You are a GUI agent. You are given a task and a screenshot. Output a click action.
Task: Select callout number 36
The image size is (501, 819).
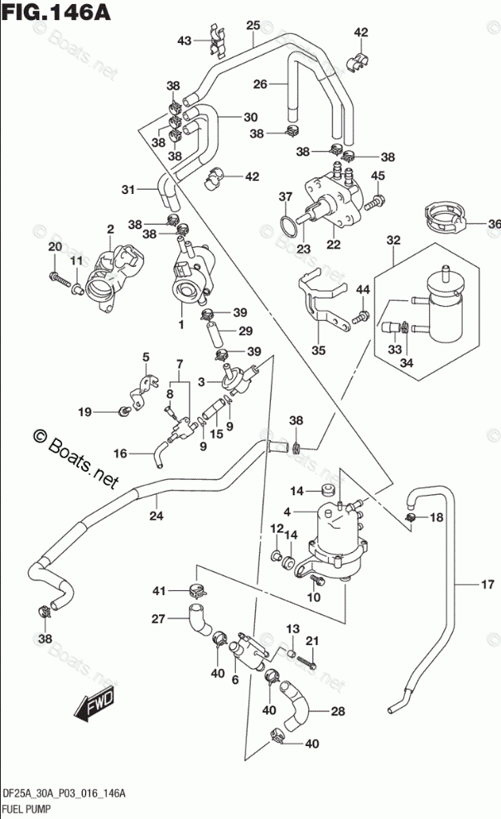[494, 223]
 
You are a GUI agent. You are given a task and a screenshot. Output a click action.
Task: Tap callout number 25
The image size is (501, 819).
[253, 25]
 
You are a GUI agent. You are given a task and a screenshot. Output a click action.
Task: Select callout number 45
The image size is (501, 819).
[378, 175]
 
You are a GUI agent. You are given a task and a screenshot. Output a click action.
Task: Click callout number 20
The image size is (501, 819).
[55, 247]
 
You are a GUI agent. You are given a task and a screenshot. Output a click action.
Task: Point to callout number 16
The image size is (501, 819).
[121, 453]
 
